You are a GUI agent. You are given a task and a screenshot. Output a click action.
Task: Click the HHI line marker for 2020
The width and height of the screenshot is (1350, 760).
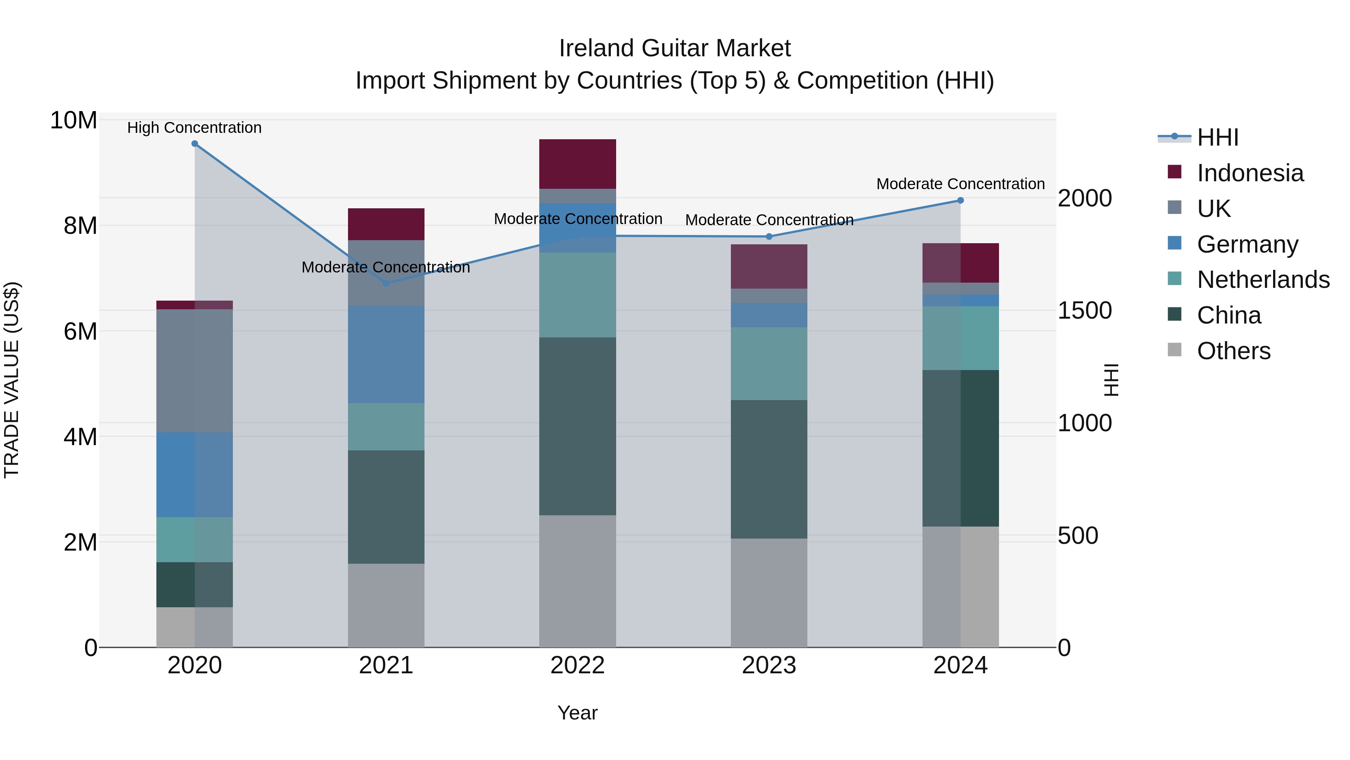pyautogui.click(x=194, y=144)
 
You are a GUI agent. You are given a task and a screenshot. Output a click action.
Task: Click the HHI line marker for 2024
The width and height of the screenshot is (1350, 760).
pyautogui.click(x=960, y=200)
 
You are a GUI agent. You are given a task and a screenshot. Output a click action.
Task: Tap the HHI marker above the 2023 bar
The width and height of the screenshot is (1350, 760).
pyautogui.click(x=769, y=236)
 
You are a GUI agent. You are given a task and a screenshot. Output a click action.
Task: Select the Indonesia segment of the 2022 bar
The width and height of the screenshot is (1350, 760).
pyautogui.click(x=577, y=164)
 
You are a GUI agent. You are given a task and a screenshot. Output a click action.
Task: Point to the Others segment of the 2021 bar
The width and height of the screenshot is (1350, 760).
pyautogui.click(x=386, y=605)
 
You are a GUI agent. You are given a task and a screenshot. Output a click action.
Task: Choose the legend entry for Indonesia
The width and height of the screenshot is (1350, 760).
pyautogui.click(x=1250, y=173)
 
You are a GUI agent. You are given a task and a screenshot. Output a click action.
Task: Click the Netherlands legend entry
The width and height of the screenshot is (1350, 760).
pyautogui.click(x=1263, y=280)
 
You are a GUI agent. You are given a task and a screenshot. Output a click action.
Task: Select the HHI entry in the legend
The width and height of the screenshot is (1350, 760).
pyautogui.click(x=1217, y=137)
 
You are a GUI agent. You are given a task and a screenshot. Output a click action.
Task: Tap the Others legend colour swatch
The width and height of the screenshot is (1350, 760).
pyautogui.click(x=1174, y=350)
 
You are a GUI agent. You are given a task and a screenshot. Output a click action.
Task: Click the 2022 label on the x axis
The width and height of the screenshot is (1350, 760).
pyautogui.click(x=577, y=665)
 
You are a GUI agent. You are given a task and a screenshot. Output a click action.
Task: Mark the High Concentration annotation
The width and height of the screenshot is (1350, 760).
pyautogui.click(x=194, y=128)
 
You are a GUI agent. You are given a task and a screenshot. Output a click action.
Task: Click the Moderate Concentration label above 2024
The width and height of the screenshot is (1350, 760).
pyautogui.click(x=960, y=184)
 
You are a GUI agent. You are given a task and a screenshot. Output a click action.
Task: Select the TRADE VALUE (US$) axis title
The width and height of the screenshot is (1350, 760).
pyautogui.click(x=12, y=380)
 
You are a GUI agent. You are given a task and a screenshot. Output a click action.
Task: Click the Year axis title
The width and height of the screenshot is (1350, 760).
pyautogui.click(x=577, y=713)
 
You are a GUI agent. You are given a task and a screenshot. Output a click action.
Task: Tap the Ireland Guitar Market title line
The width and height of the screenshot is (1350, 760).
pyautogui.click(x=675, y=48)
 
